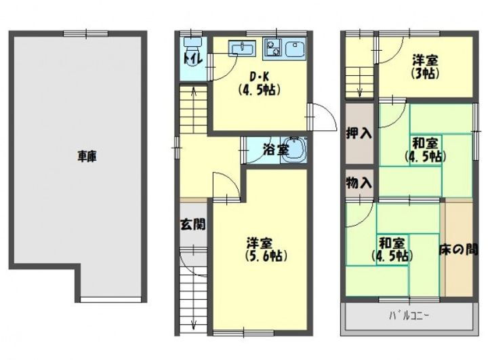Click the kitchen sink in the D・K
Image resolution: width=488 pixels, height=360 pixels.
coord(241,49)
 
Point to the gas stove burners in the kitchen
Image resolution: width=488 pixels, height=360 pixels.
coord(273,49)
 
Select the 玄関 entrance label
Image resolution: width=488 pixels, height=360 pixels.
coord(192,223)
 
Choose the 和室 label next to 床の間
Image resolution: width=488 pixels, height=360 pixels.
coord(392,249)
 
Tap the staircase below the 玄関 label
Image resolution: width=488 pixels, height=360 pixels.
coord(192,292)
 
